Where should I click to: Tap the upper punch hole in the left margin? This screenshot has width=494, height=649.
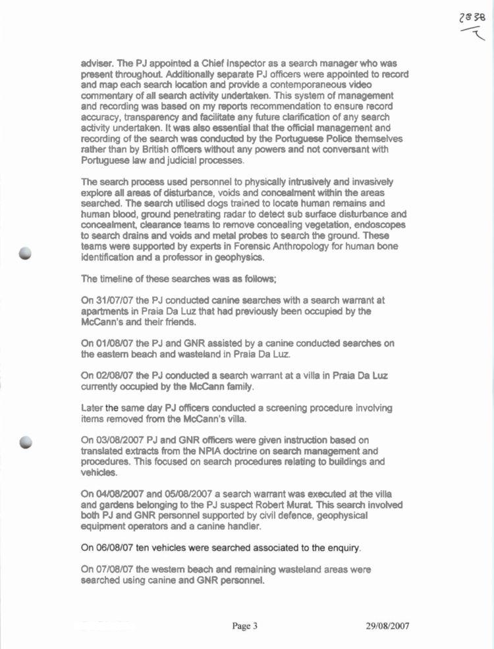click(26, 255)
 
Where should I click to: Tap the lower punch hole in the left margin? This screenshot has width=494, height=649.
click(26, 442)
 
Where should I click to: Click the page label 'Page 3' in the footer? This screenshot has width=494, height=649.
click(244, 626)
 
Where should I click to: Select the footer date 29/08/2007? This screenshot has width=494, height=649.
click(387, 626)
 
